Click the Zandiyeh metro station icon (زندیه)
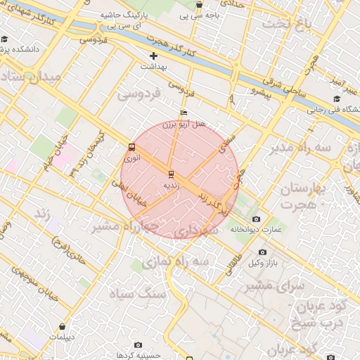point(170,173)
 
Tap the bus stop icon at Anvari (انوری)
point(131,147)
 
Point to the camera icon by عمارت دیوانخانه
point(255,219)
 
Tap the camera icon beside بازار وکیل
point(262,252)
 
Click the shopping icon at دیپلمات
point(63,326)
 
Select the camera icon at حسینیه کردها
point(138,345)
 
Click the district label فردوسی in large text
point(139,93)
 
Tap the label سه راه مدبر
point(299,148)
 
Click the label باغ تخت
point(286,24)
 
